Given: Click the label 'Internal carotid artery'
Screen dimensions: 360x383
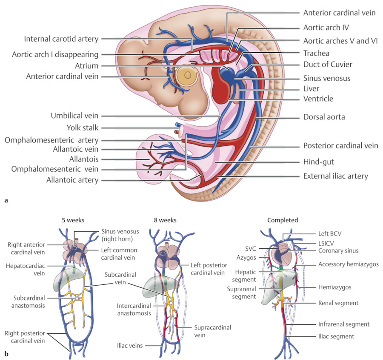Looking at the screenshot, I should point(61,39).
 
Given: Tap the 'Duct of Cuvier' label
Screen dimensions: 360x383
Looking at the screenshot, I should point(328,65).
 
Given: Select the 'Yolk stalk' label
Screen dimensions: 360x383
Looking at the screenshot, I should point(82,128).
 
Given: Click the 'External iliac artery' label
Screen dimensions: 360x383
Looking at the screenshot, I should point(335,176).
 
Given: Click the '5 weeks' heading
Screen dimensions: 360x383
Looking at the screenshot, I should point(73,220).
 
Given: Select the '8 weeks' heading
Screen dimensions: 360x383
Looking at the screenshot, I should point(165,220).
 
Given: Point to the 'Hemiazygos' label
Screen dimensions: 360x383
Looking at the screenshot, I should point(334,287).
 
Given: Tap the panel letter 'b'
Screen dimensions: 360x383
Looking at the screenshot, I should point(6,352).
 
